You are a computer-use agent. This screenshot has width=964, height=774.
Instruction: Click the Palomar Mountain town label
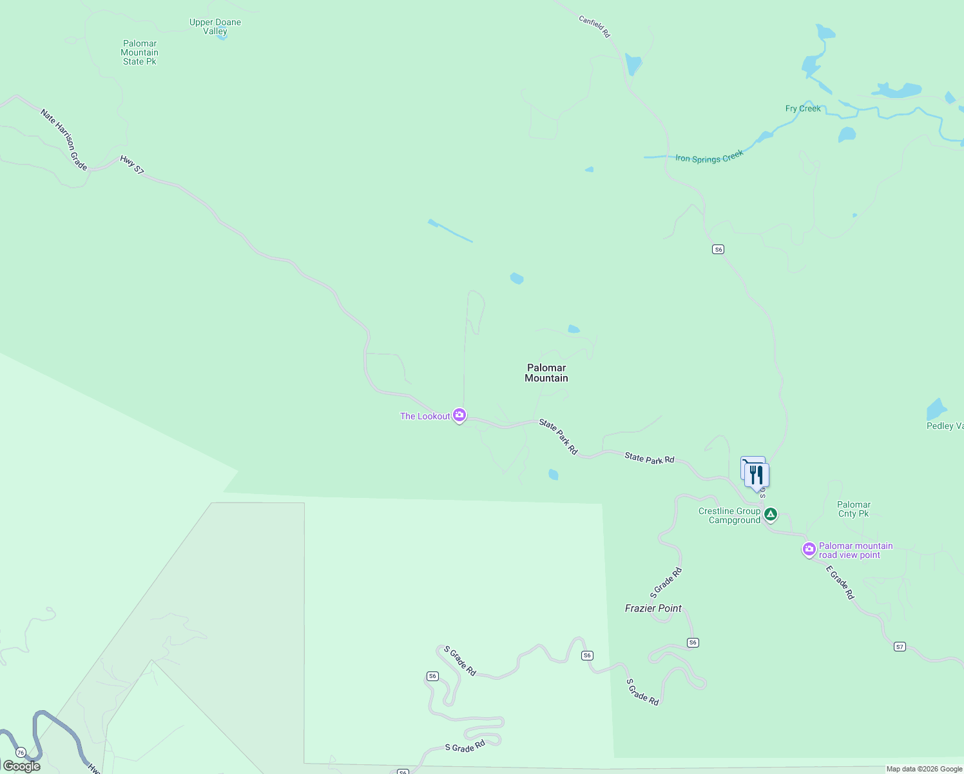546,373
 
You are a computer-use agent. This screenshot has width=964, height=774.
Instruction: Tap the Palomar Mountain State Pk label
140,53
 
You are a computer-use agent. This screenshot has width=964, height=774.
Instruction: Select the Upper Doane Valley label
215,26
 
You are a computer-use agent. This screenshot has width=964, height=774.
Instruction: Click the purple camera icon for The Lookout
459,415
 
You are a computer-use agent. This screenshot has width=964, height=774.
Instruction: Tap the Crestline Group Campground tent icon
771,514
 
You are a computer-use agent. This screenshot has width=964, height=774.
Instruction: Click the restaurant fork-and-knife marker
757,476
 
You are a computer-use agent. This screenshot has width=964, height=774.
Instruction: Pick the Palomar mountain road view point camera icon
809,550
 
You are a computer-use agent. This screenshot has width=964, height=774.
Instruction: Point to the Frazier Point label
653,608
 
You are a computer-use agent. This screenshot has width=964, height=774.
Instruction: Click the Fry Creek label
803,108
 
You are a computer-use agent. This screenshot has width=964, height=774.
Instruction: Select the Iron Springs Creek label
709,157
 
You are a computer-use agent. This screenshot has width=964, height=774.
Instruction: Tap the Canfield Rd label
594,26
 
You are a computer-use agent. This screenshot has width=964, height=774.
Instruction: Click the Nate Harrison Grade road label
64,139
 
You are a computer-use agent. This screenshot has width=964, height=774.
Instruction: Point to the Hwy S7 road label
132,164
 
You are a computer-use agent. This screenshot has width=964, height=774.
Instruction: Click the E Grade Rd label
840,582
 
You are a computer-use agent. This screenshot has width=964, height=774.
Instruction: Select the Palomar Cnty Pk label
854,509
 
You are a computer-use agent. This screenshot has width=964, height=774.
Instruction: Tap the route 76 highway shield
21,753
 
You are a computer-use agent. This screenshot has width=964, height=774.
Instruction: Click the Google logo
22,766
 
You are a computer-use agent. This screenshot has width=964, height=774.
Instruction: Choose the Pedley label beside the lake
945,426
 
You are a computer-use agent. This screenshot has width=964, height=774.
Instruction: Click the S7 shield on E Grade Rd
900,646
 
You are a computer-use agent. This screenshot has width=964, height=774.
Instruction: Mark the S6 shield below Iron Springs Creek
718,249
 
